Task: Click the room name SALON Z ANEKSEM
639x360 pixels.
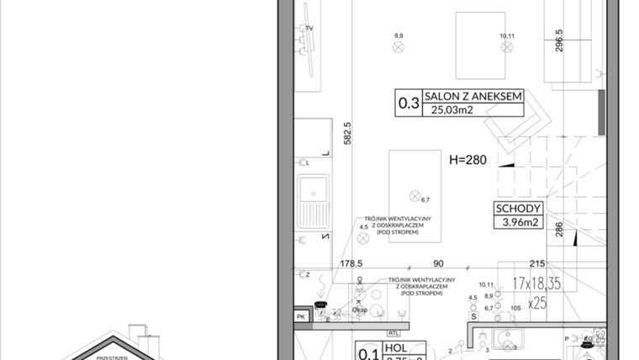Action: [473, 97]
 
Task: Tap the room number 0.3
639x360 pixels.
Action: [409, 103]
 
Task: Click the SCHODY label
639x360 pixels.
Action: [517, 209]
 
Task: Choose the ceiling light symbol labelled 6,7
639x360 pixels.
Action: [414, 196]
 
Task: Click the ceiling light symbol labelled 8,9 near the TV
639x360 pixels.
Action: [399, 47]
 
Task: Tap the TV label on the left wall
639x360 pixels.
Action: [309, 29]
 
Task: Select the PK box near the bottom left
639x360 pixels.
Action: [301, 316]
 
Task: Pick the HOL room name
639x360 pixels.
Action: [394, 346]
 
